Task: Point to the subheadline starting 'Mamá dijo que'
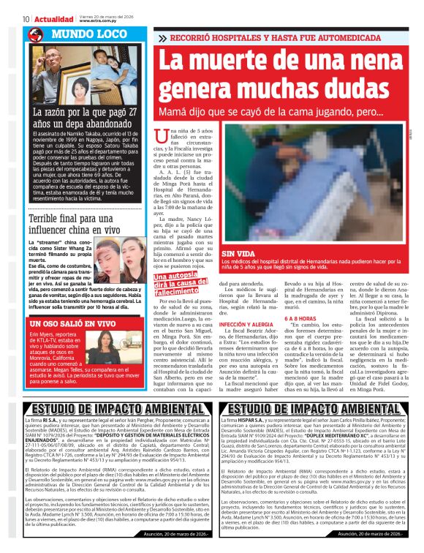[x=271, y=113]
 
